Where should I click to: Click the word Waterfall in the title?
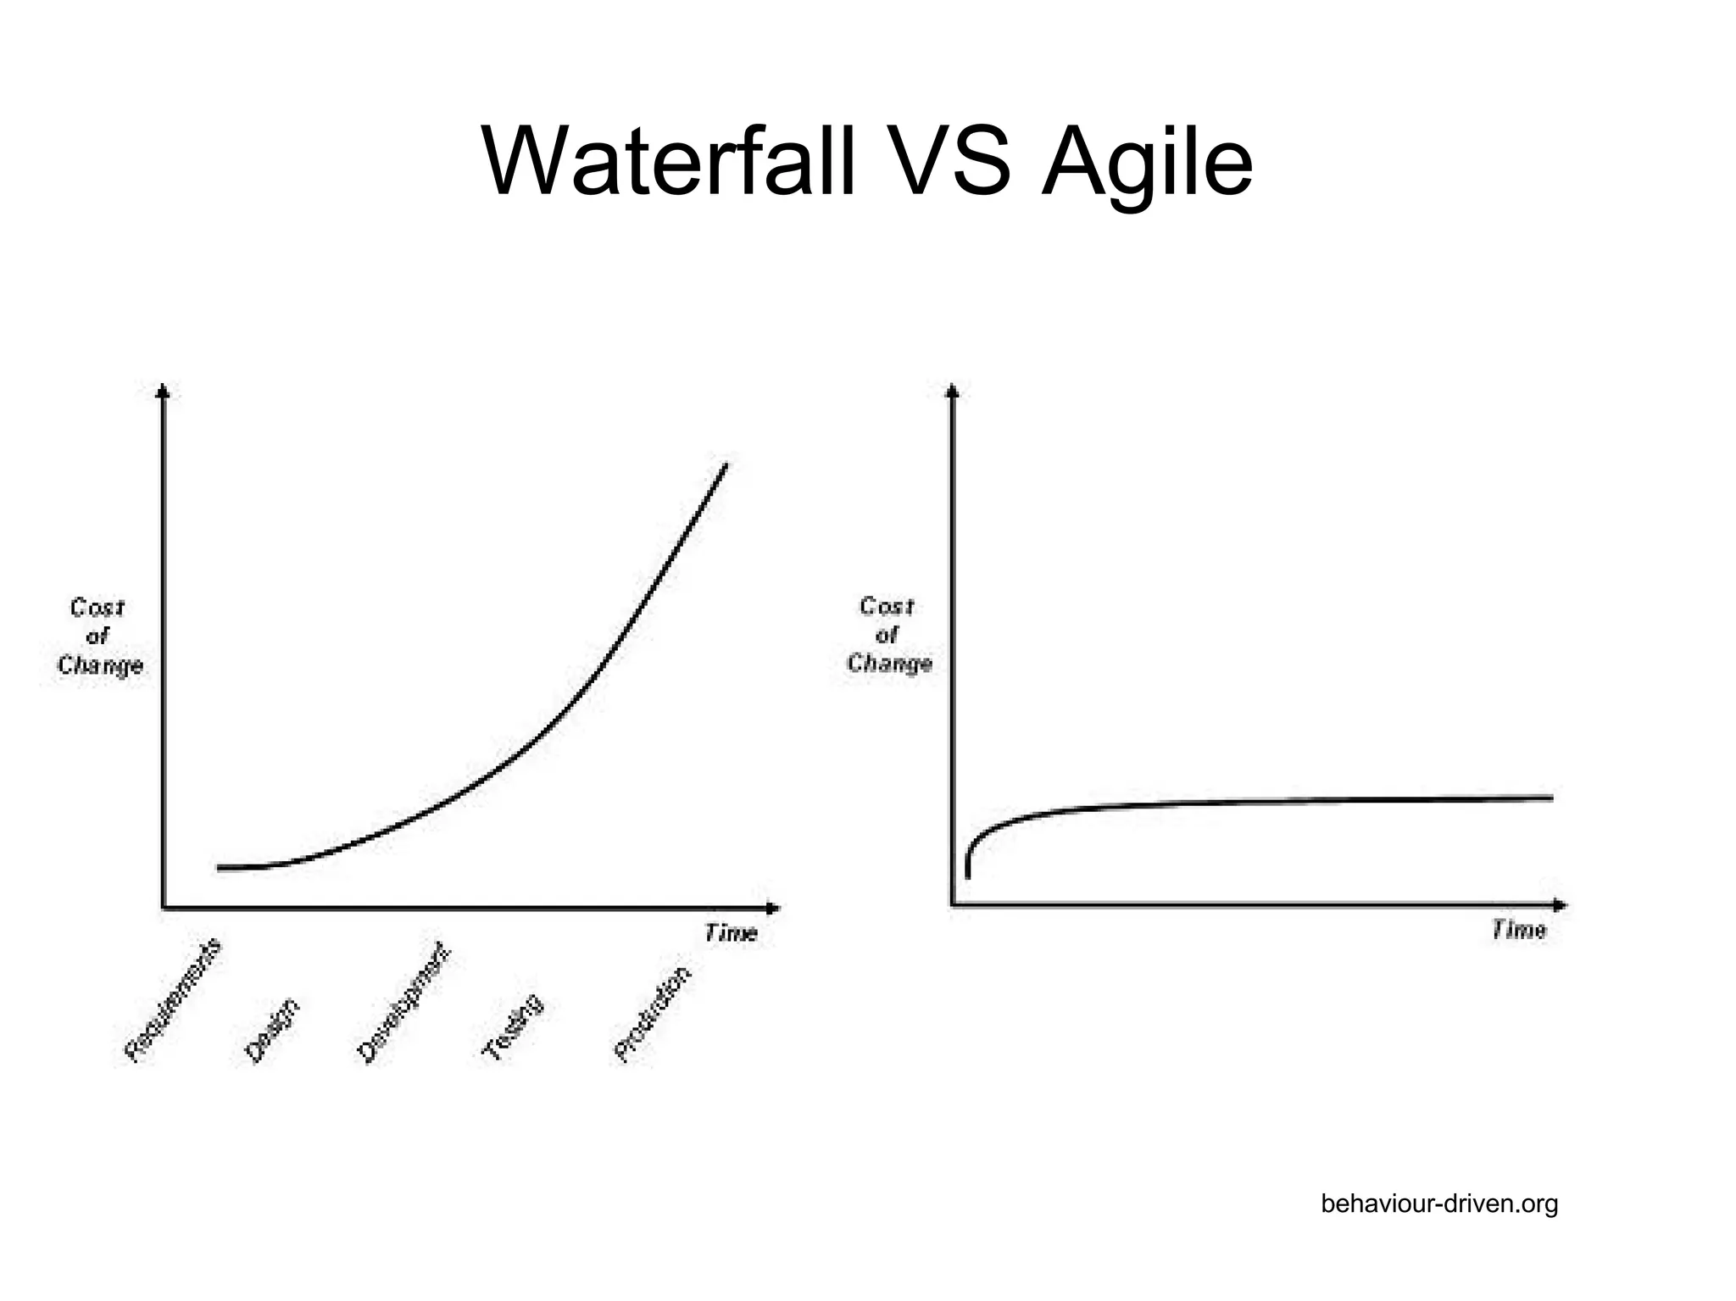[670, 161]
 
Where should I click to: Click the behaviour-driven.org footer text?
[1438, 1204]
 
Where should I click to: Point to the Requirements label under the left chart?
[173, 999]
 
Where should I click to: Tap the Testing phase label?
[512, 1027]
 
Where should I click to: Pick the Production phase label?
[652, 1014]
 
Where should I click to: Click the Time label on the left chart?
[730, 933]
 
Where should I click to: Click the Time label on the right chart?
[1518, 931]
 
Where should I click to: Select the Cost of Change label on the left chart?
[99, 637]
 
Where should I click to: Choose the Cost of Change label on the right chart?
[888, 634]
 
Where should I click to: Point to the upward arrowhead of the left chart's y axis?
[164, 391]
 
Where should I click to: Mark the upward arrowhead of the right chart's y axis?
[953, 391]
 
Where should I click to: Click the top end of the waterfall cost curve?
[726, 465]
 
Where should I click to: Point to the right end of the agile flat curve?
[1550, 798]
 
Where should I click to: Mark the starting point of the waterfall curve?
[220, 868]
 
